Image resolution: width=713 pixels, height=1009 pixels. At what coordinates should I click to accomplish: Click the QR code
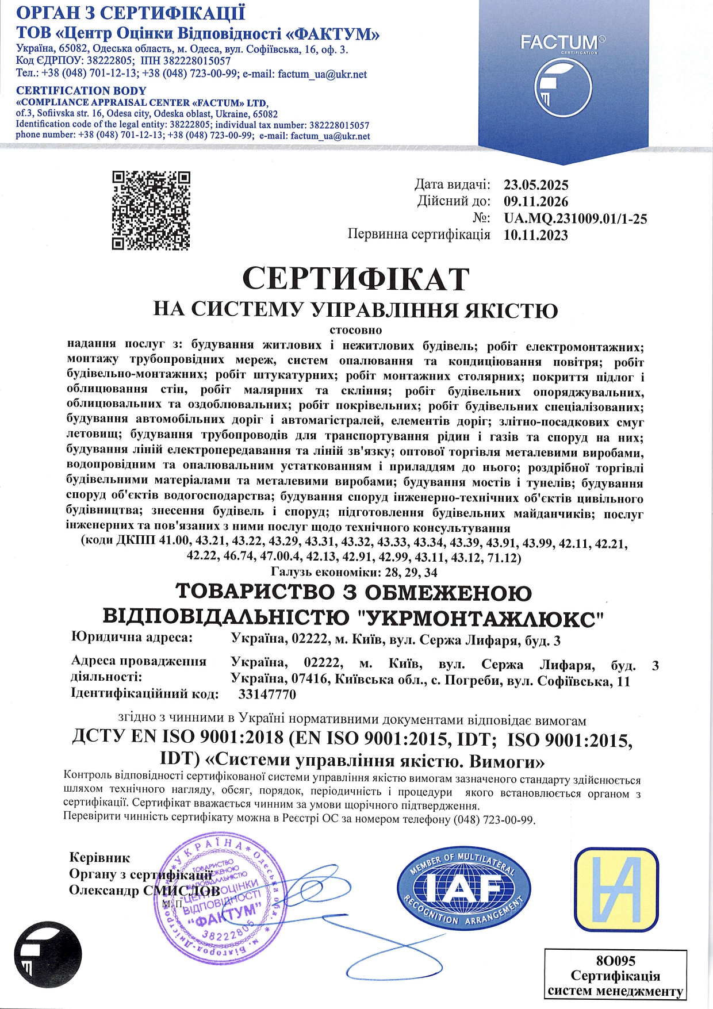[151, 210]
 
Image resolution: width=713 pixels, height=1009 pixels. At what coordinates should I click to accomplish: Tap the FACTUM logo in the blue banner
[563, 74]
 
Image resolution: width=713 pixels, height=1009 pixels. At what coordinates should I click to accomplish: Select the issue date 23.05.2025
[536, 185]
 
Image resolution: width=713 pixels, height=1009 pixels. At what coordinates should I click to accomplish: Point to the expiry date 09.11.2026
[536, 202]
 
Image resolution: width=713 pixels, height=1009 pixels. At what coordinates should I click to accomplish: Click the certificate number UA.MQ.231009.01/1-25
[575, 218]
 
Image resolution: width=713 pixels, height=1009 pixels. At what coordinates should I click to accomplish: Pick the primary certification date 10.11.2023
[536, 235]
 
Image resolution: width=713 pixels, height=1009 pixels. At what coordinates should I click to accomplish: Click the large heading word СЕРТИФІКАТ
[356, 279]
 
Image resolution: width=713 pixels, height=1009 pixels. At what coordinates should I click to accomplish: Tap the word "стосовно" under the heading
[356, 330]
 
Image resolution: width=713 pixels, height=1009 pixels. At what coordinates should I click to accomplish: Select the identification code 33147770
[267, 695]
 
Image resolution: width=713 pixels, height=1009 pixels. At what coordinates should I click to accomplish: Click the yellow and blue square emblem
[617, 889]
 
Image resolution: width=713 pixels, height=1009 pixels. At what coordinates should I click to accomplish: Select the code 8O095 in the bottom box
[615, 960]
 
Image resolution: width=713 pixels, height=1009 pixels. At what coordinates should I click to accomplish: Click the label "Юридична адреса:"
[132, 637]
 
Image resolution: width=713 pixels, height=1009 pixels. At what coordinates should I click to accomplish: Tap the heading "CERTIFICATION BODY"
[81, 91]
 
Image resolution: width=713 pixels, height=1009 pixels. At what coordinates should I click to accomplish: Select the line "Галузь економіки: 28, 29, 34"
[354, 572]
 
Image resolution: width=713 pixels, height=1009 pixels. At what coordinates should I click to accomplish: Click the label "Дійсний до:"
[454, 202]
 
